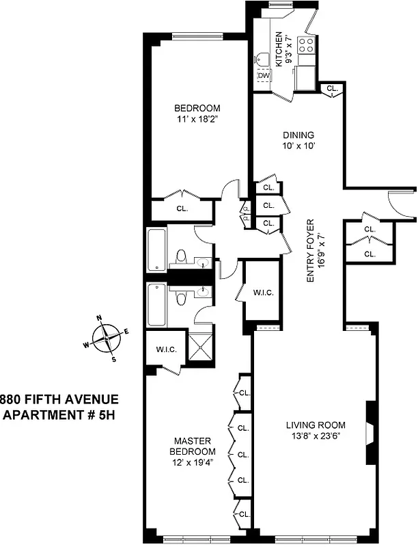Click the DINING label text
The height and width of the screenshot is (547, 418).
click(298, 135)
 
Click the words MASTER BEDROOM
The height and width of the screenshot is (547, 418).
click(193, 446)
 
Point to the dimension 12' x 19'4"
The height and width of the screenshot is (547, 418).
click(193, 462)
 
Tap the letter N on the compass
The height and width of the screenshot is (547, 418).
click(99, 318)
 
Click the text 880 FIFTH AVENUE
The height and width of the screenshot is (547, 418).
click(59, 399)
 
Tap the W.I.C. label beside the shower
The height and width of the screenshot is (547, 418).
click(166, 349)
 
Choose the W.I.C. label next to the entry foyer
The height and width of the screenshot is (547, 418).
click(263, 293)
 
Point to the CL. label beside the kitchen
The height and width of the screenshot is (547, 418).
click(331, 88)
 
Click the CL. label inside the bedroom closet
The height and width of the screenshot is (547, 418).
click(182, 209)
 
